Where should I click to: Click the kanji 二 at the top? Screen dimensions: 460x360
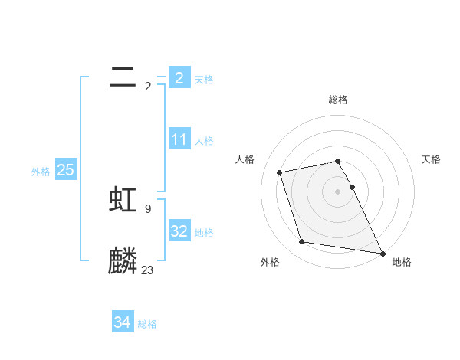[123, 77]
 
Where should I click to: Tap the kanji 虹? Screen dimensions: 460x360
[123, 199]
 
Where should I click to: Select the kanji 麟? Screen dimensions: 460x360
[123, 261]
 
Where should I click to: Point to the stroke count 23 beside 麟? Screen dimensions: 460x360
[147, 270]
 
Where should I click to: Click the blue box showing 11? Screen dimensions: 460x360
[179, 139]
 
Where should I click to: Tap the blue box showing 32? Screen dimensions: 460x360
[179, 231]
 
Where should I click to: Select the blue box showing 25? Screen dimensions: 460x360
[65, 170]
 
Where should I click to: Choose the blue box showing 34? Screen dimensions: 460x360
[122, 322]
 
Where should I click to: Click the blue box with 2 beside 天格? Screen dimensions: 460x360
[179, 77]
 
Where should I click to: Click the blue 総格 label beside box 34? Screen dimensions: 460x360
[147, 324]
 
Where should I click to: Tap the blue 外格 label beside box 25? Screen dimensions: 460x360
[41, 172]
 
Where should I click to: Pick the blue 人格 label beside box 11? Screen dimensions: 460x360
[204, 141]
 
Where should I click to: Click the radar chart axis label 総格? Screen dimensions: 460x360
[338, 100]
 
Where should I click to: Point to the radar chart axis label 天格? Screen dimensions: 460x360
[432, 159]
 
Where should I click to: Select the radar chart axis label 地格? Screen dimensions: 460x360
[402, 262]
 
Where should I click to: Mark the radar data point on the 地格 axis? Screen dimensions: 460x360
[382, 253]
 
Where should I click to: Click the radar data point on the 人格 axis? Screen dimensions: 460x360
[280, 172]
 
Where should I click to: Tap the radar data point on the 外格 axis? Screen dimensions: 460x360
[302, 242]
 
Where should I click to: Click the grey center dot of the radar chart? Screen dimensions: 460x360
[338, 191]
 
